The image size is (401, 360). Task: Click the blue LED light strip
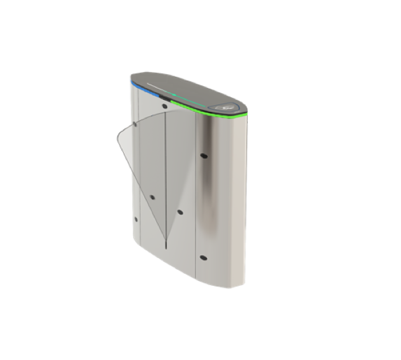143,88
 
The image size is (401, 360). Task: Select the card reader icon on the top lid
229,108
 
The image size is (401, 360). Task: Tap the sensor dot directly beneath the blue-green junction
164,107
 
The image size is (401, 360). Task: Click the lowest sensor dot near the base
203,257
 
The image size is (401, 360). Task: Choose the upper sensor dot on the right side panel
202,155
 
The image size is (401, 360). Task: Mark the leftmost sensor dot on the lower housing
136,219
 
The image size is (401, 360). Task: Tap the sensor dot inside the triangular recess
152,197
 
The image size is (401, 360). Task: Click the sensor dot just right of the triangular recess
180,212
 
